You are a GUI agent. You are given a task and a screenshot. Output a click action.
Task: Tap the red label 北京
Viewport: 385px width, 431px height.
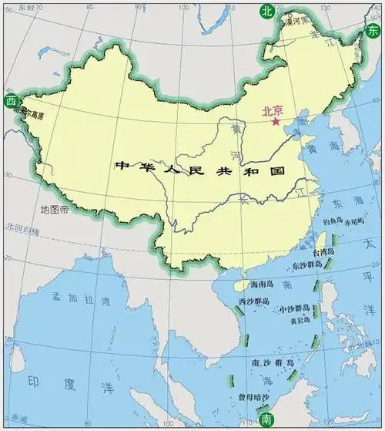point(272,110)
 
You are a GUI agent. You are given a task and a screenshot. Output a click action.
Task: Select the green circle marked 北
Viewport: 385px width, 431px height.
point(266,11)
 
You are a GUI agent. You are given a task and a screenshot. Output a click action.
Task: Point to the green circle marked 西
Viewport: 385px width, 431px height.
point(10,101)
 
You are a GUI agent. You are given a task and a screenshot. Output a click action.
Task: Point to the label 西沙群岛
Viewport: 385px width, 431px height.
point(253,301)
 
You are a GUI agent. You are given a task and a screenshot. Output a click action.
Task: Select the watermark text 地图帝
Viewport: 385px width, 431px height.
point(55,209)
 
